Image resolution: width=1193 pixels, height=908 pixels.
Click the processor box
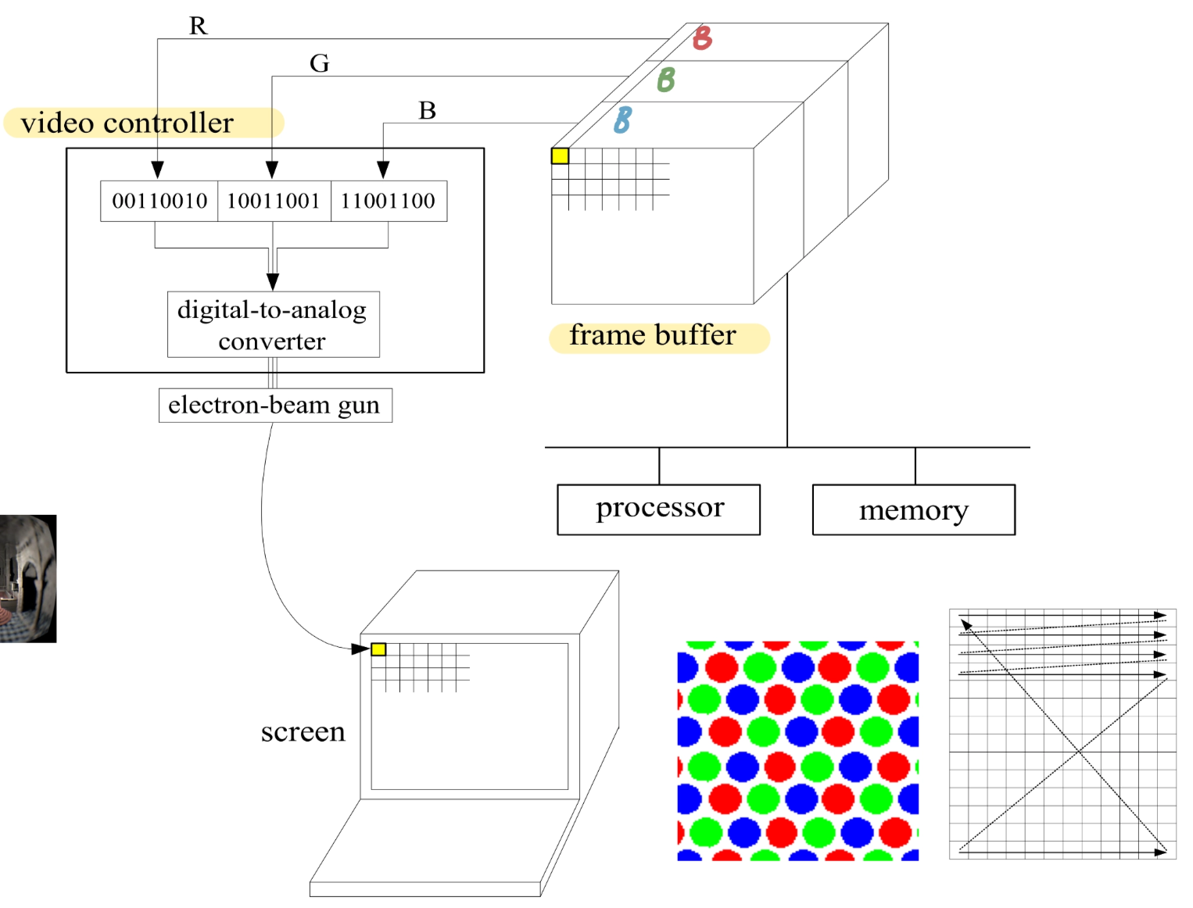point(658,509)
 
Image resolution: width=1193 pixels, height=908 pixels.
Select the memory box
point(913,509)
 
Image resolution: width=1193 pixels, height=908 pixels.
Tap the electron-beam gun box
point(274,405)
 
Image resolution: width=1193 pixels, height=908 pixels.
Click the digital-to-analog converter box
point(273,324)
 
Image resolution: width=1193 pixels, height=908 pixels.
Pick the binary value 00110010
point(159,201)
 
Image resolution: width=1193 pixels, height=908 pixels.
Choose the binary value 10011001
point(274,201)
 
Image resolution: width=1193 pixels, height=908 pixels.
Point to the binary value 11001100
point(389,201)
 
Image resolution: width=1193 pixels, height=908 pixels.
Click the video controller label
point(127,123)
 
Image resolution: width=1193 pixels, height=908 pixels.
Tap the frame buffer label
point(653,335)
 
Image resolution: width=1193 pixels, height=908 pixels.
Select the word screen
point(303,731)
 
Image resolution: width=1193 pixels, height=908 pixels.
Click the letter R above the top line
point(199,26)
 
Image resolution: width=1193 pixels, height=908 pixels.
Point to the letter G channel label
point(319,63)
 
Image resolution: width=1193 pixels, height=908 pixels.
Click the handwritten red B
point(703,38)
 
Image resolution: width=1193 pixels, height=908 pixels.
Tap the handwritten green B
point(666,79)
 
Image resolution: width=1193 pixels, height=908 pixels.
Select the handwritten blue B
point(622,120)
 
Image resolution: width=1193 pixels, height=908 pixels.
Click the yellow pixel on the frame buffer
point(560,156)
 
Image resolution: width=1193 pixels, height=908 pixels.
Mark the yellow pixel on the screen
point(378,649)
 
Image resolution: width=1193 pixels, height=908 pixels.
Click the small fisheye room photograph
point(28,578)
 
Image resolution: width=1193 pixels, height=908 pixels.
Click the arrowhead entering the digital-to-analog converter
point(273,282)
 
